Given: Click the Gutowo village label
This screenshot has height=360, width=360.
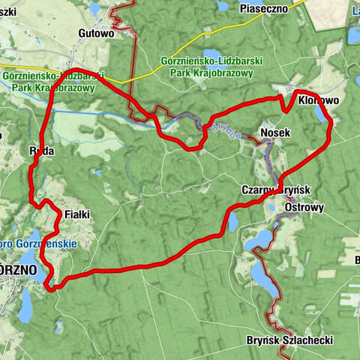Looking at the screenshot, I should point(95,34).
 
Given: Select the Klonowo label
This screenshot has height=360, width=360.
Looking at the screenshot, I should point(318,100).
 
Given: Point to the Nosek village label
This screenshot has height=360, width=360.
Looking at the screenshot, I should point(274,133).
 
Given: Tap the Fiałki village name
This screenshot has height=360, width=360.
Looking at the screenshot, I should point(77,214).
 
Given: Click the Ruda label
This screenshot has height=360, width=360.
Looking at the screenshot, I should point(42,150).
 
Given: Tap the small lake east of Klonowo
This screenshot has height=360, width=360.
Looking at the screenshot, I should point(322,114).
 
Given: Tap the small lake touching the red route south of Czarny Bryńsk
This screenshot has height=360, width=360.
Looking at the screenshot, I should point(232,221).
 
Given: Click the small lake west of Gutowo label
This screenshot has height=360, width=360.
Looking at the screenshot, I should point(94,10).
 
